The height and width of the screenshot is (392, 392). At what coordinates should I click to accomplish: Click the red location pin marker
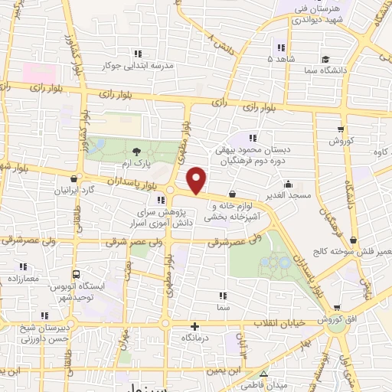point(198,181)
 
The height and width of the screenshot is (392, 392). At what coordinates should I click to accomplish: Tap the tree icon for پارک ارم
point(136,152)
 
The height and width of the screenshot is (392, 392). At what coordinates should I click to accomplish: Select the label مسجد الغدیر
point(289,196)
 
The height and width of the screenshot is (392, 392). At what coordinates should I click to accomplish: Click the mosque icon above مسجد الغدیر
point(289,184)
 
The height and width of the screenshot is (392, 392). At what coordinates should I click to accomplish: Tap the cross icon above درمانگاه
point(195,325)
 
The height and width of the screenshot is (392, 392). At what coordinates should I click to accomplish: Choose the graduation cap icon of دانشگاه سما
point(325,58)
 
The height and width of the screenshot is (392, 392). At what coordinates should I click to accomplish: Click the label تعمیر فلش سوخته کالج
point(345,251)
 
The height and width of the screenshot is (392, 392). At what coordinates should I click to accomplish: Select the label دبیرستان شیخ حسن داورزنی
point(38,332)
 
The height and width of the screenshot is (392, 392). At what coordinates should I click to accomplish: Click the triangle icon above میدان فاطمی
point(263,374)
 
